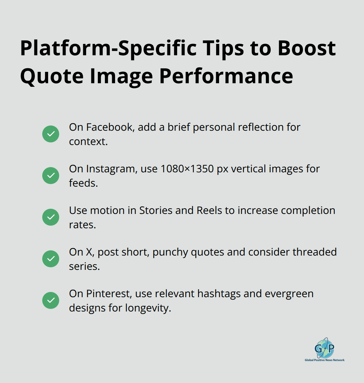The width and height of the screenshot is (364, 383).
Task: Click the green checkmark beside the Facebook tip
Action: coord(51,134)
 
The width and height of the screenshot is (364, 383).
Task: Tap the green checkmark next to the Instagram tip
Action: coord(51,176)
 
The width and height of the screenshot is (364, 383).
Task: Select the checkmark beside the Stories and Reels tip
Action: coord(51,217)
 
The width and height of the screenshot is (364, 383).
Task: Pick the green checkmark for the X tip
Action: coord(51,259)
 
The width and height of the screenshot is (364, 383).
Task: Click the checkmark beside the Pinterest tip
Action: coord(51,300)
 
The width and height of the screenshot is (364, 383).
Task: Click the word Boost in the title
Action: coord(306,48)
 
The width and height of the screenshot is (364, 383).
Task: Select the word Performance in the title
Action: coord(226,76)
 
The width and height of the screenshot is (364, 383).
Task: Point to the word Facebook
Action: coord(110,127)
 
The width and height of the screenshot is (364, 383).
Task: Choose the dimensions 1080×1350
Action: coord(187,169)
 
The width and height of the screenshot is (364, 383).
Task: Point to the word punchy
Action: coord(170,252)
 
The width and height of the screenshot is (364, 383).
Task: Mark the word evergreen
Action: coord(289,294)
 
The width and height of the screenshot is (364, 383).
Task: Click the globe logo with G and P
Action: coord(324,348)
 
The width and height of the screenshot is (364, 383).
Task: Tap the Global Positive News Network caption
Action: coord(324,360)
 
